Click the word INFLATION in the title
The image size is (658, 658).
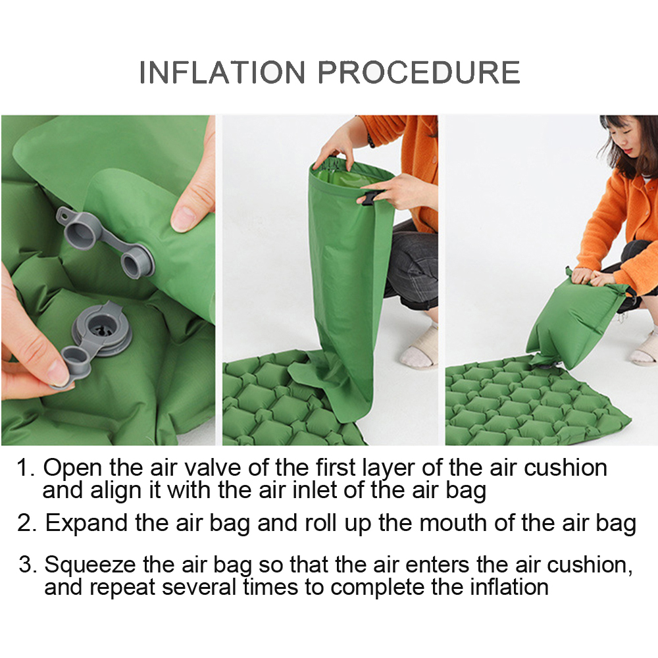[222, 72]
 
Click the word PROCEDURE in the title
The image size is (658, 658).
[418, 72]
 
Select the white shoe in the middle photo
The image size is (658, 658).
[418, 347]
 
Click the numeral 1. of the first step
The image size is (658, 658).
[25, 468]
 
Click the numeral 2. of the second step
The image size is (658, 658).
[27, 523]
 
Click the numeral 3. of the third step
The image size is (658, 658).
[28, 565]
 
